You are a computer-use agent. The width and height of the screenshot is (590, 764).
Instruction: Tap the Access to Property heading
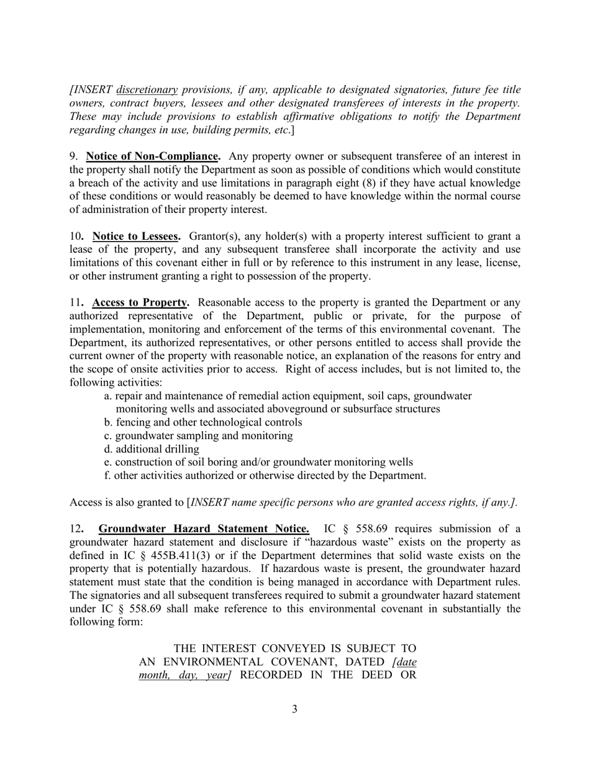[x=141, y=302]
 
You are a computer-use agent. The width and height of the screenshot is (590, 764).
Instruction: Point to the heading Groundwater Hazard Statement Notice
[x=204, y=529]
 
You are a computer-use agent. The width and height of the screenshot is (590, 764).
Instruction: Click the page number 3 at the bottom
[x=294, y=709]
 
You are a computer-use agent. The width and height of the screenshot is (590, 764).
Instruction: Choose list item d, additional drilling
[x=152, y=449]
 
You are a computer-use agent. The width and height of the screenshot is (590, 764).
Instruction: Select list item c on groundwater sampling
[x=198, y=435]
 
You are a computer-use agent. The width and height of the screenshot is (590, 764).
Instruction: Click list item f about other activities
[x=265, y=476]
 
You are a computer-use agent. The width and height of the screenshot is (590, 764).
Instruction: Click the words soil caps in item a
[x=389, y=396]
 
